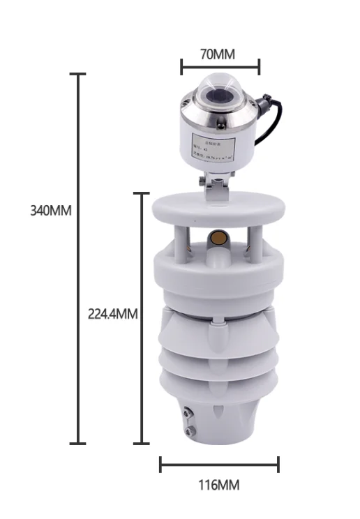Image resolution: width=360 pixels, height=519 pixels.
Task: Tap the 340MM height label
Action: pos(51,211)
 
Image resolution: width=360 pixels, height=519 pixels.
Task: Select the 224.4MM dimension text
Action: pos(112,314)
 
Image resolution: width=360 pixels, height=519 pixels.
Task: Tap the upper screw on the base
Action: pos(187,414)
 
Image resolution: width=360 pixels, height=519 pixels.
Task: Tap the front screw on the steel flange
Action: pos(220,128)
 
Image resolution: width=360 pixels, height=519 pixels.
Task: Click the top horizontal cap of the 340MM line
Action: pos(77,74)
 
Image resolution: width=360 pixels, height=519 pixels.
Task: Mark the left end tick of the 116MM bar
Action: pos(160,464)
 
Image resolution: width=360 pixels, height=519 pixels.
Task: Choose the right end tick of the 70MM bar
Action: pos(259,67)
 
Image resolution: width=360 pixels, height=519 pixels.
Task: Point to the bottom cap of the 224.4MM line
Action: pos(142,443)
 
